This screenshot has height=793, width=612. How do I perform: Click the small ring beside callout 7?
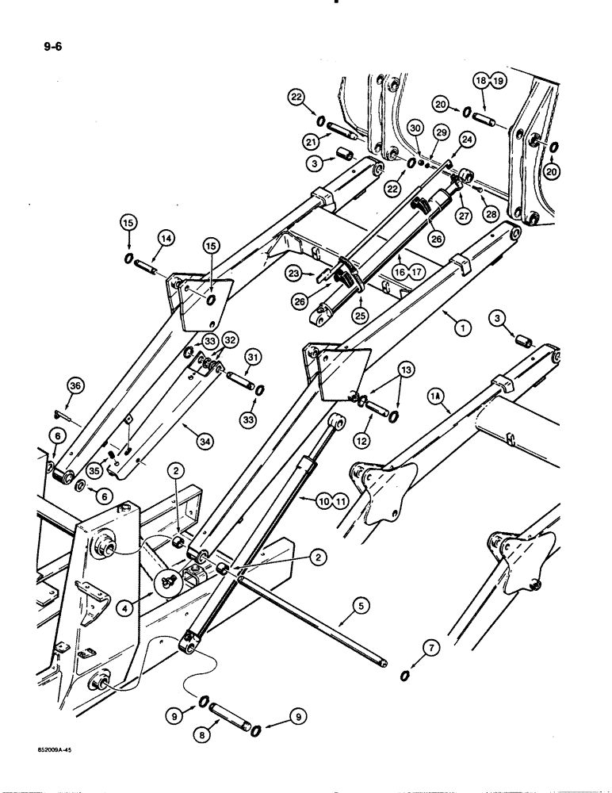404,675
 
